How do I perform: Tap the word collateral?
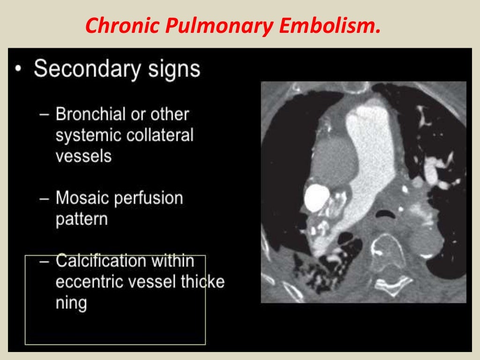tap(159, 135)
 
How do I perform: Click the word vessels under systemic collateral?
tap(83, 156)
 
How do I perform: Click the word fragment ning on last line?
tap(71, 303)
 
